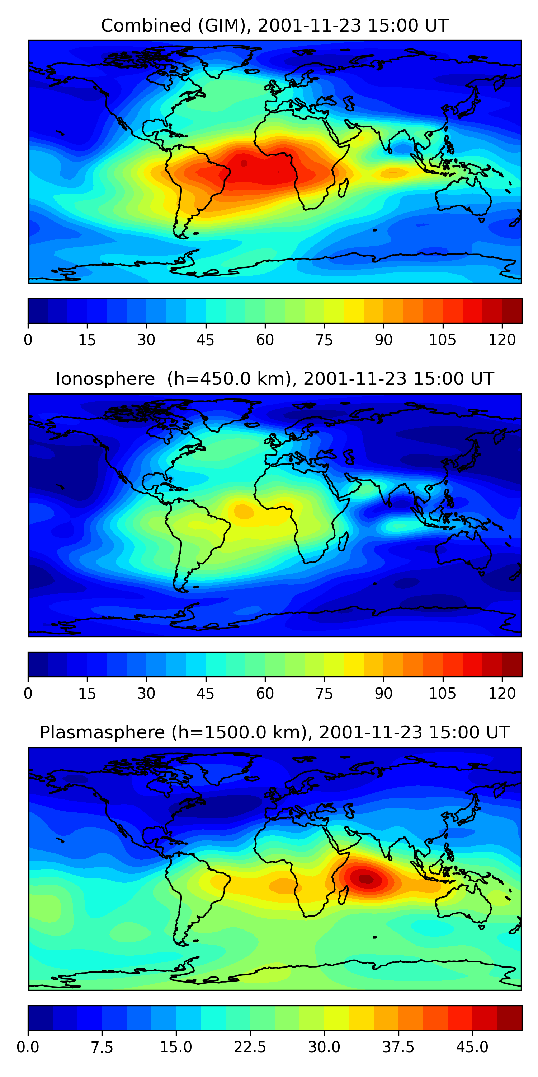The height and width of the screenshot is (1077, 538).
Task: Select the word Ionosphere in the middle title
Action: [x=105, y=379]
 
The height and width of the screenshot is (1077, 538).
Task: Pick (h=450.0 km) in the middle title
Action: [x=229, y=379]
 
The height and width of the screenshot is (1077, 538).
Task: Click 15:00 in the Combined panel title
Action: [x=394, y=25]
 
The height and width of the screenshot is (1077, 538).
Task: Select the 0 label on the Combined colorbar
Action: [x=28, y=340]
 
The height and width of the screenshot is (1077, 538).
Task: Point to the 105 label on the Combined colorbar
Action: [x=442, y=340]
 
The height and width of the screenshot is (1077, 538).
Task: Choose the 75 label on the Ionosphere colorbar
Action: [x=324, y=693]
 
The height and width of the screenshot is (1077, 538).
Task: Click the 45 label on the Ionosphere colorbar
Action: [x=206, y=693]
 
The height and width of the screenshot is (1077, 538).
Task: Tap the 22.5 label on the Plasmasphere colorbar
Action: [x=250, y=1047]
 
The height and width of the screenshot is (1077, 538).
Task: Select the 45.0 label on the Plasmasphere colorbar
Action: [x=472, y=1047]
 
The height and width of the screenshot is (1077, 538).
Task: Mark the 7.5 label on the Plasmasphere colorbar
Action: [x=102, y=1047]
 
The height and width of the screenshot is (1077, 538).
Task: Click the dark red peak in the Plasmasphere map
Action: [x=366, y=878]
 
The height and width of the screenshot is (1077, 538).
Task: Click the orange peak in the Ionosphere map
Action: [x=244, y=511]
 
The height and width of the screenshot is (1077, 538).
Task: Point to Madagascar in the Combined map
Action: [x=343, y=188]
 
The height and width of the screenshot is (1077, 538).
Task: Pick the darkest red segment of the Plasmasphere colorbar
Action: [x=509, y=1018]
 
